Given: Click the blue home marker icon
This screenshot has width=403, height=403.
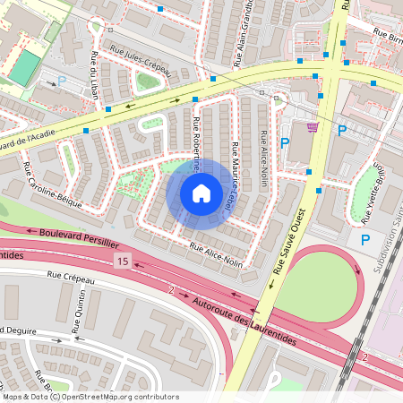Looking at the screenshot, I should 201,193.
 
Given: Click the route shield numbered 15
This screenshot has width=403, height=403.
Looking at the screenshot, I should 122,260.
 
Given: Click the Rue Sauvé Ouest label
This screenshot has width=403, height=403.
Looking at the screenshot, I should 289,253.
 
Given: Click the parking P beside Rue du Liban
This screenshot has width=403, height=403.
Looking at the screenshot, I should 62,81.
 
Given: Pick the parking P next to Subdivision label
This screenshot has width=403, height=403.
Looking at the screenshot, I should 365,240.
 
